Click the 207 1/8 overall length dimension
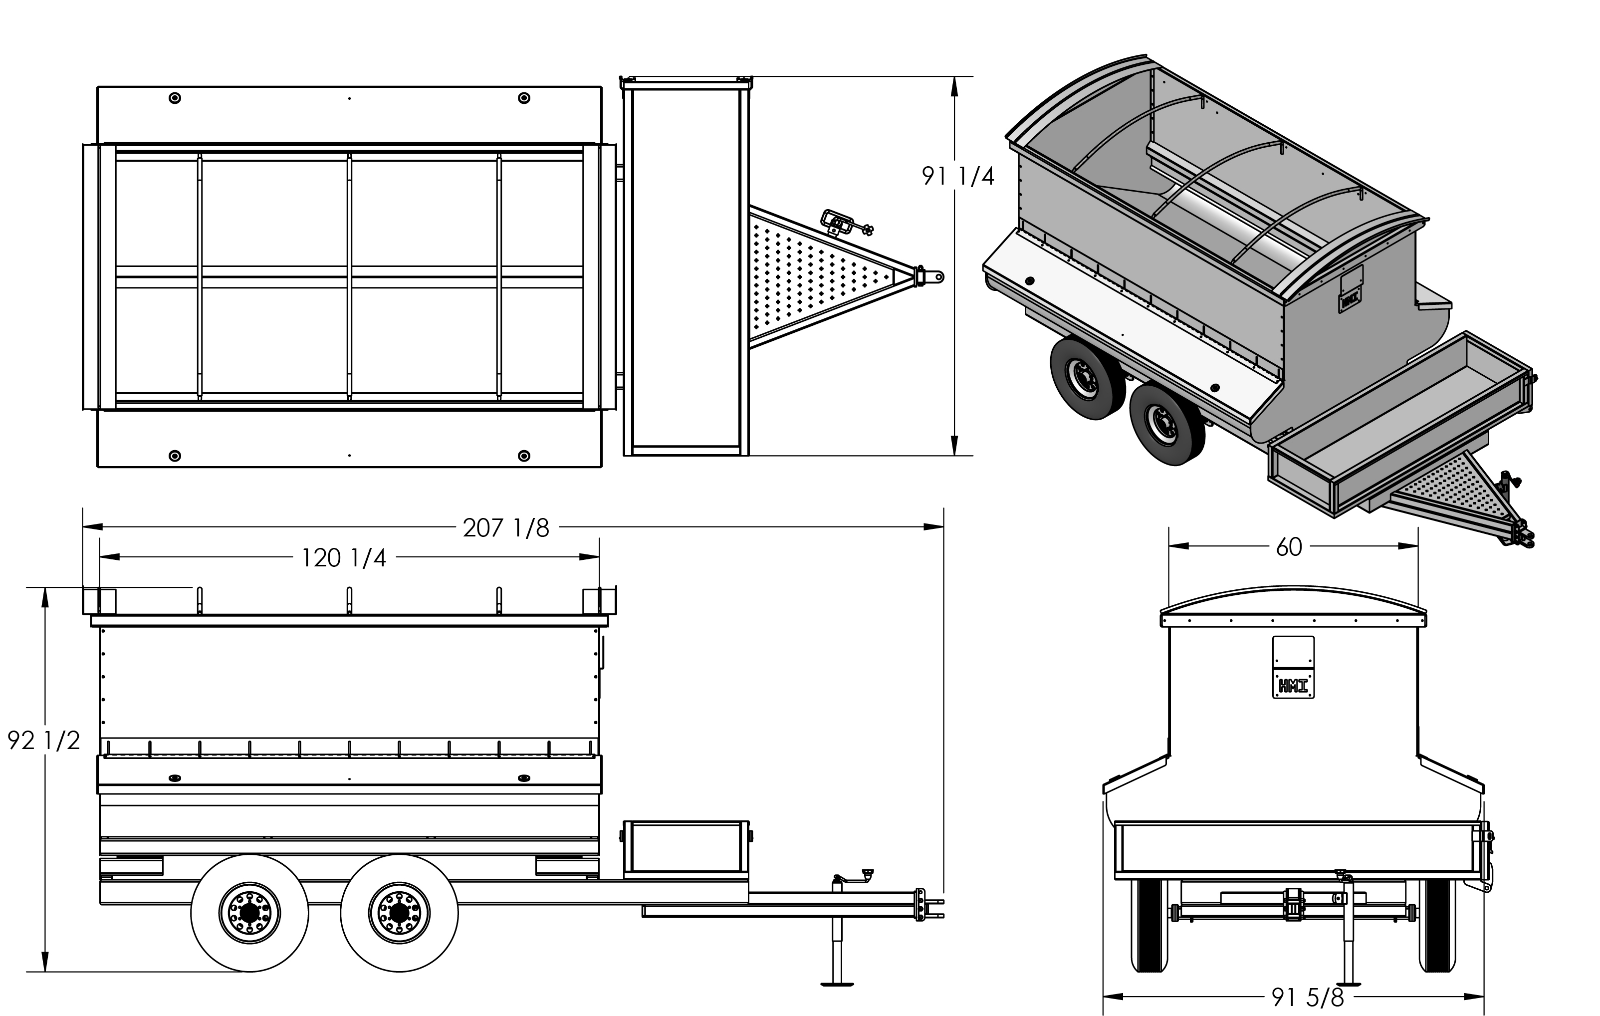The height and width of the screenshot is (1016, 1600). coord(506,528)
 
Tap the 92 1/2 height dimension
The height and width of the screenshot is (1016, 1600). coord(44,740)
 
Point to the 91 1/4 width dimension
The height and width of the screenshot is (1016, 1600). coord(957,176)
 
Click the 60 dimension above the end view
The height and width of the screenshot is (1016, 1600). coord(1289,547)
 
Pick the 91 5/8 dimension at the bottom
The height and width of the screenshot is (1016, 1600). coord(1308,997)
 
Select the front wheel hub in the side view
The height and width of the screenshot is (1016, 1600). coord(399,913)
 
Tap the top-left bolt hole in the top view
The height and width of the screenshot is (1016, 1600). coord(175,98)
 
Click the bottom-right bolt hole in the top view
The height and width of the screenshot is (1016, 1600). coord(523,456)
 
